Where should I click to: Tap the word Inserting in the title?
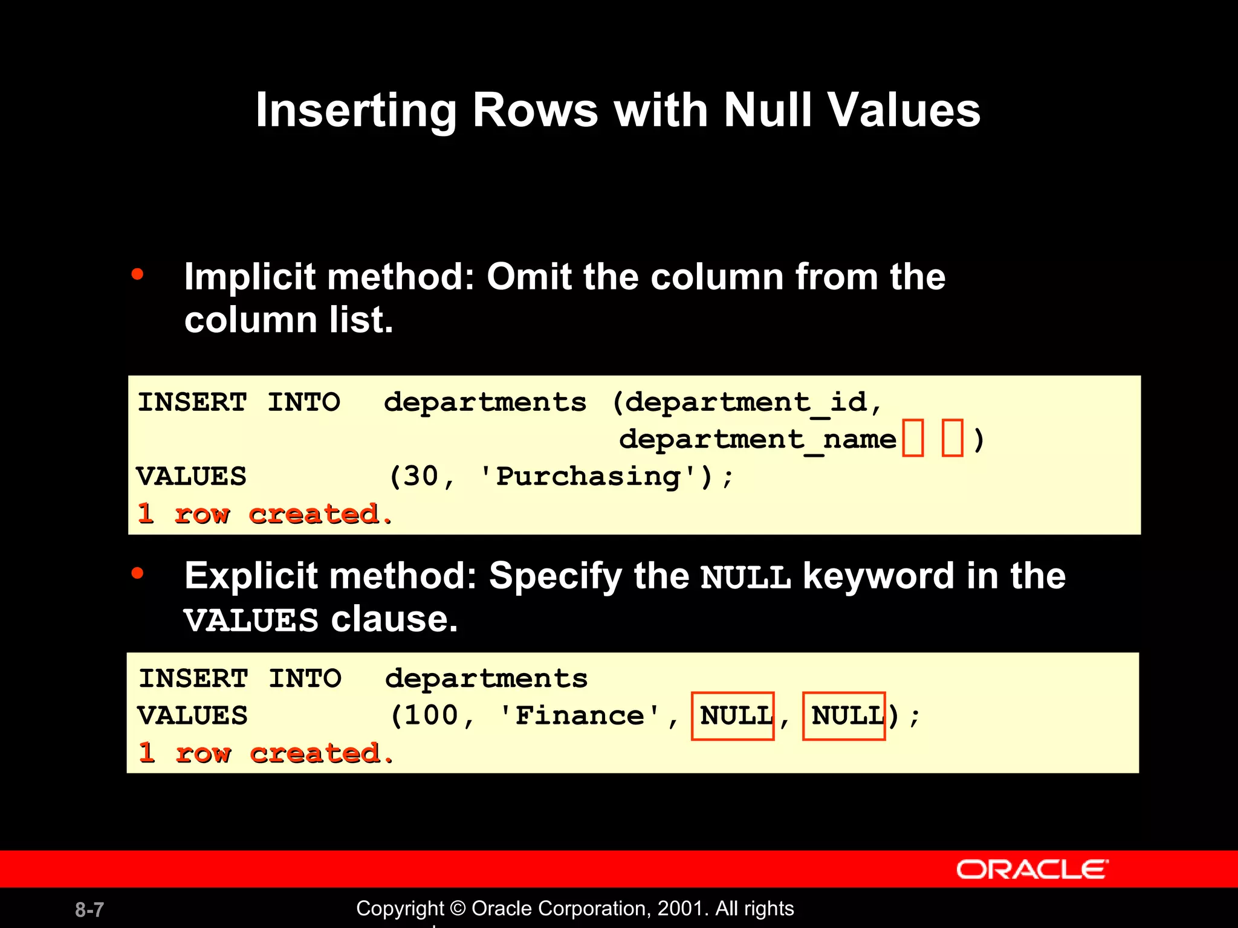point(355,111)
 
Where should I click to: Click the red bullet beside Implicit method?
point(138,275)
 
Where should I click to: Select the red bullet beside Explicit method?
point(138,573)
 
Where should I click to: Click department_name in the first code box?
point(757,439)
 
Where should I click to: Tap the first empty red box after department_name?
point(913,438)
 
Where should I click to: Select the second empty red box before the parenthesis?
point(952,438)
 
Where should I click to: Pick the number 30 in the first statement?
point(421,477)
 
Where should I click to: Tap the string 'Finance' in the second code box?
point(580,716)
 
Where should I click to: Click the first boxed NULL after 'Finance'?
point(733,716)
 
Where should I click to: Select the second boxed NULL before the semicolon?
point(844,716)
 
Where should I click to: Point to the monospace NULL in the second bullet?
point(745,578)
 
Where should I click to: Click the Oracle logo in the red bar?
point(1032,869)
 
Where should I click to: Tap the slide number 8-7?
point(89,909)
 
